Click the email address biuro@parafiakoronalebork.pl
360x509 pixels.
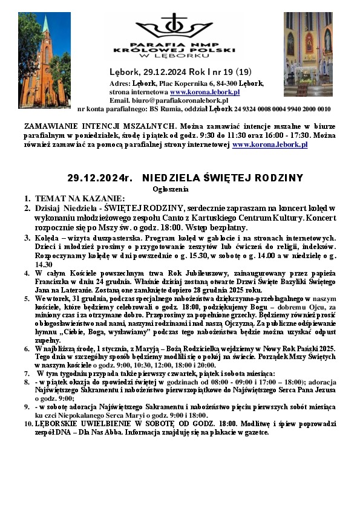point(176,100)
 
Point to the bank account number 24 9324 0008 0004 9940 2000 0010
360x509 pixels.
point(287,109)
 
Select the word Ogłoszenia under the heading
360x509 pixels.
point(180,189)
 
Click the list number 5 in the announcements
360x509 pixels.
point(28,299)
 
